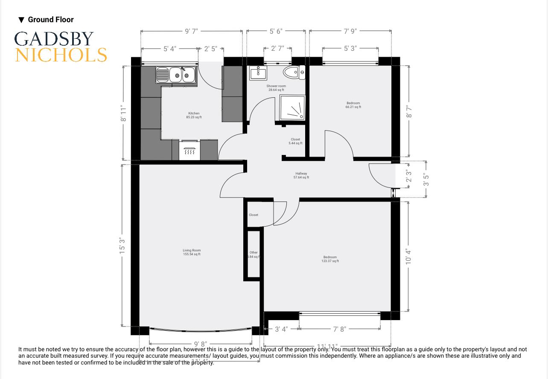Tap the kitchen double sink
pyautogui.click(x=176, y=75)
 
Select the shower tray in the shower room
pyautogui.click(x=292, y=108)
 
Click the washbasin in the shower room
pyautogui.click(x=258, y=73)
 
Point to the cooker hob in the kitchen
pyautogui.click(x=189, y=151)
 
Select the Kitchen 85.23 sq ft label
pyautogui.click(x=194, y=115)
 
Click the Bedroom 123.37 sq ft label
pyautogui.click(x=330, y=259)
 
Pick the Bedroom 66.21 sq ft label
pyautogui.click(x=353, y=105)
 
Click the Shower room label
pyautogui.click(x=276, y=88)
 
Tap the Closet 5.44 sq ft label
pyautogui.click(x=295, y=141)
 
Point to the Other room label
pyautogui.click(x=254, y=254)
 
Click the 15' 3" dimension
pyautogui.click(x=123, y=246)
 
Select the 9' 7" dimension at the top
pyautogui.click(x=191, y=31)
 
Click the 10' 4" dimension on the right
pyautogui.click(x=409, y=257)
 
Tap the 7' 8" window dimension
pyautogui.click(x=339, y=329)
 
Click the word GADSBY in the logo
pyautogui.click(x=54, y=39)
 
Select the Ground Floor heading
pyautogui.click(x=50, y=20)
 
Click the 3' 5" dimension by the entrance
pyautogui.click(x=426, y=180)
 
